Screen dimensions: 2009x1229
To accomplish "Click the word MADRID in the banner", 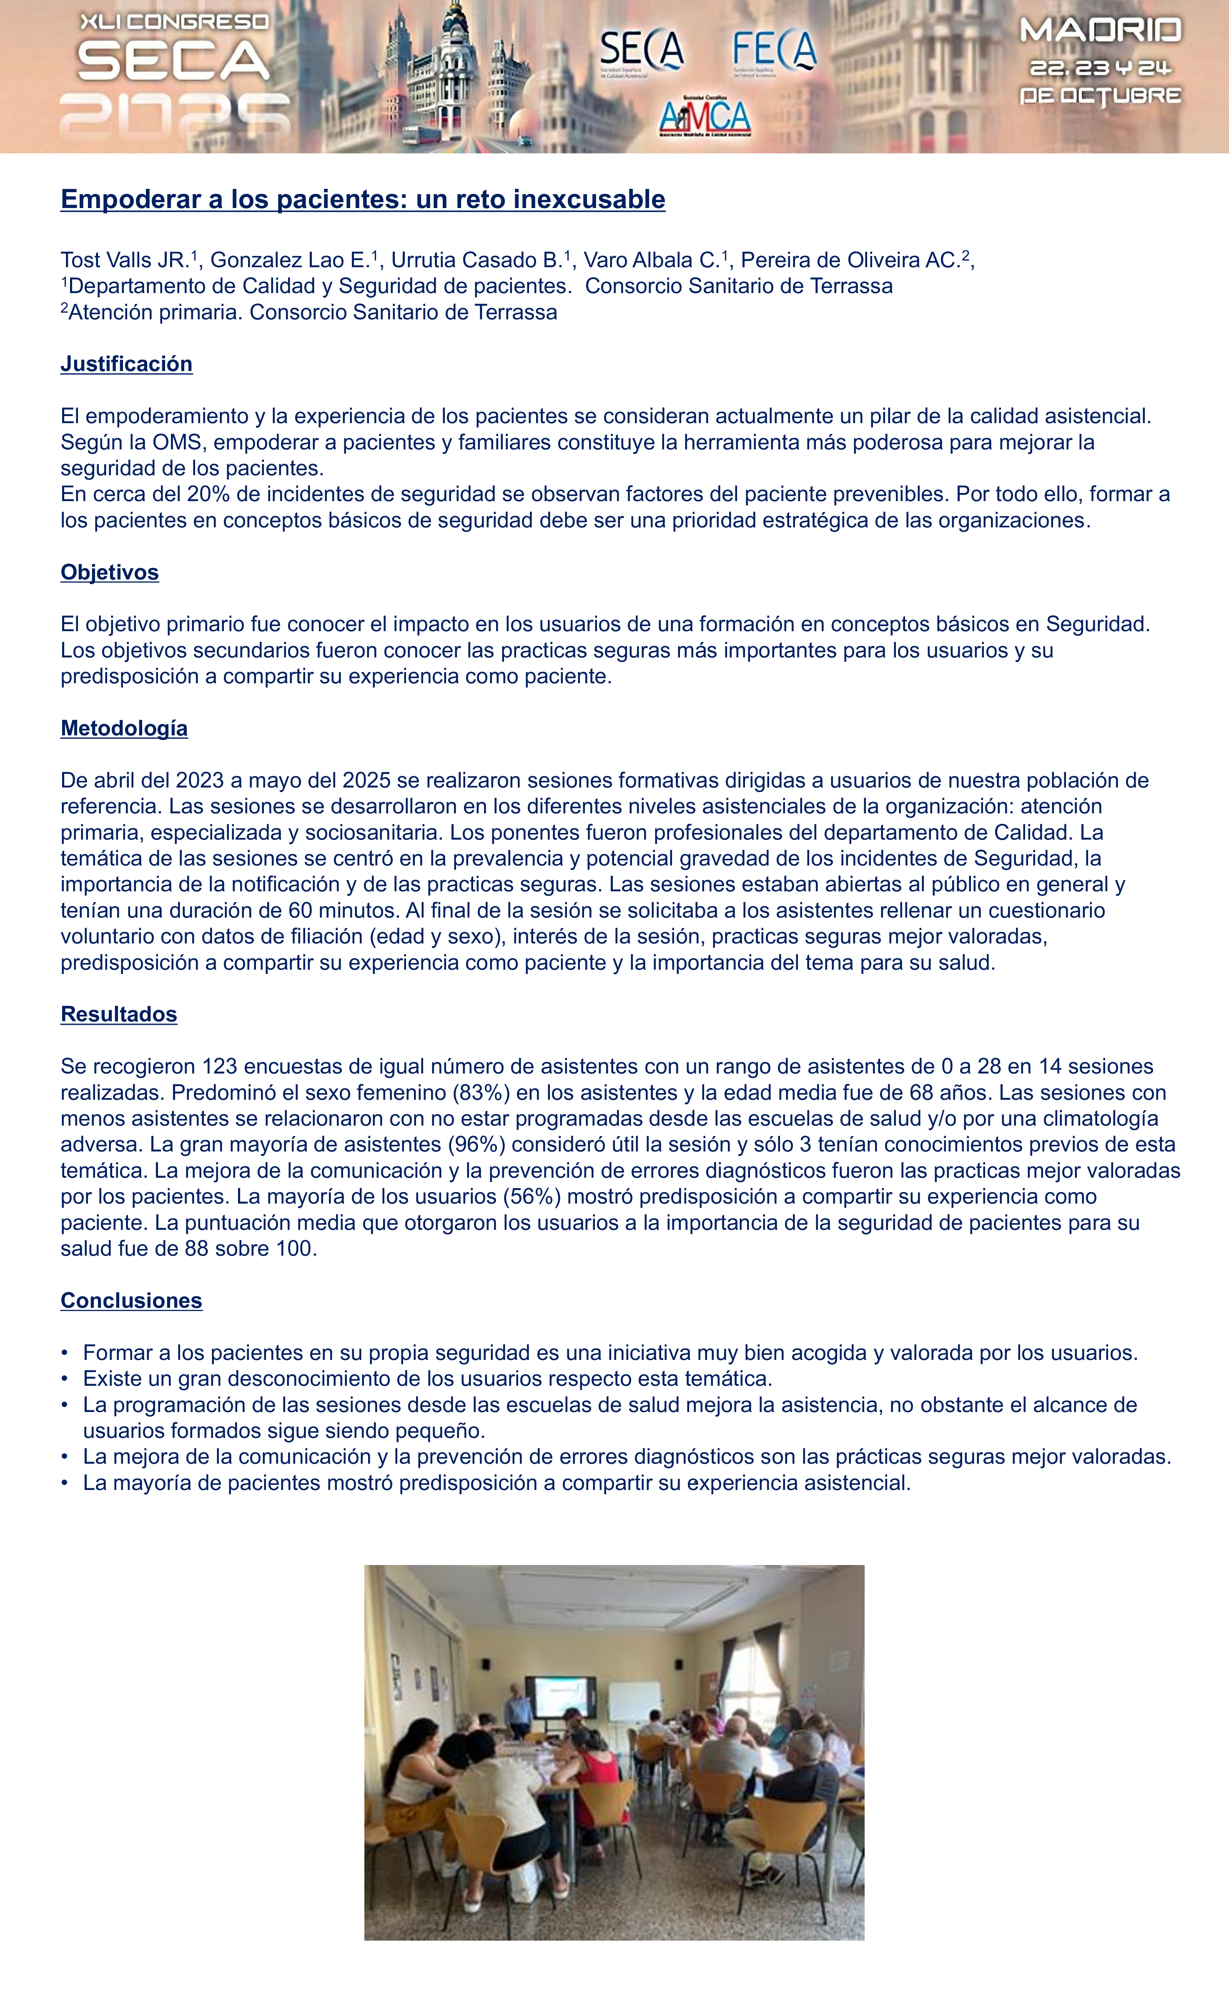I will [x=1100, y=31].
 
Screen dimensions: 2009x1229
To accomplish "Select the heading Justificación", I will [x=126, y=364].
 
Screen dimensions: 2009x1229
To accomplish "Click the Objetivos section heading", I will [x=109, y=572].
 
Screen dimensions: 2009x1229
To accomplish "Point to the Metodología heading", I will [x=124, y=728].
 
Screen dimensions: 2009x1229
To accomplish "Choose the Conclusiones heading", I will [x=131, y=1300].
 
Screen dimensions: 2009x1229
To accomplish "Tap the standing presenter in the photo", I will [x=515, y=1714].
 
